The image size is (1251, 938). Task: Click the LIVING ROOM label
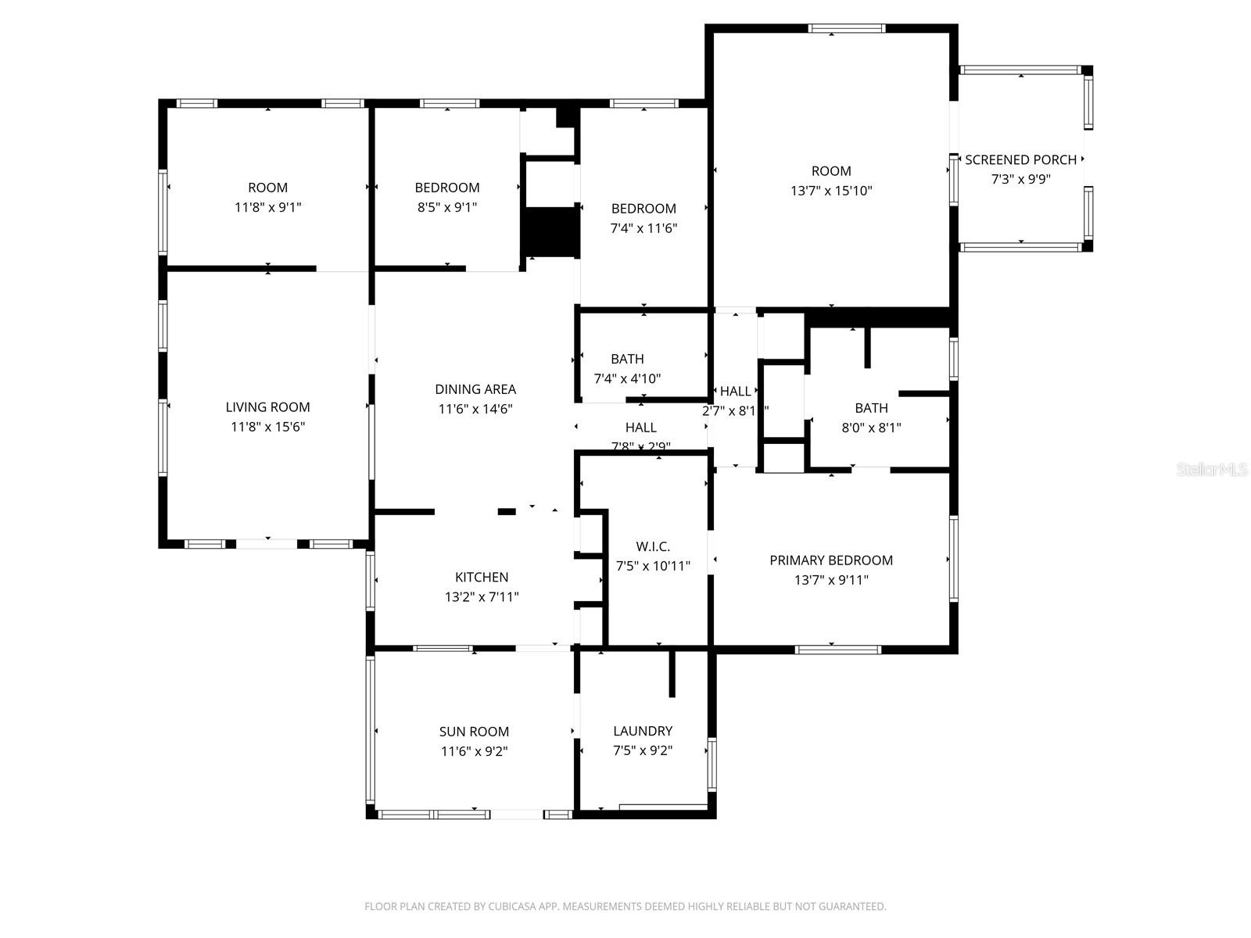[x=267, y=406]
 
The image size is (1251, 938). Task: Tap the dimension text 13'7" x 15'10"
[x=831, y=191]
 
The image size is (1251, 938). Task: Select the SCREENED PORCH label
[x=1020, y=159]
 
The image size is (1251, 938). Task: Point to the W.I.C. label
[x=653, y=546]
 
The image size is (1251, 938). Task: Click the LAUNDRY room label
[x=643, y=731]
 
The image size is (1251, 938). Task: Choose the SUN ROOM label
[x=474, y=732]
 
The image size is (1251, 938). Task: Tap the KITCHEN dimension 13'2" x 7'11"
[x=482, y=597]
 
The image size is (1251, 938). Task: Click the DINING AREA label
[x=475, y=389]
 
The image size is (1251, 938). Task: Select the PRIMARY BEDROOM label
[x=831, y=560]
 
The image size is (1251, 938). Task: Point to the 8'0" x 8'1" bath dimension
[x=871, y=428]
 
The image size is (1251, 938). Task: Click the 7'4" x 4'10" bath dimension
[x=627, y=379]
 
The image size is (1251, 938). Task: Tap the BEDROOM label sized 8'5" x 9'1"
[x=447, y=188]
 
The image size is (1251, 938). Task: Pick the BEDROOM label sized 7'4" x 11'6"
[x=643, y=209]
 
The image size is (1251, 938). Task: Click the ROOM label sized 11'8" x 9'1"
[x=267, y=188]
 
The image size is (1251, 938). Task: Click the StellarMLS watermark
[x=1212, y=470]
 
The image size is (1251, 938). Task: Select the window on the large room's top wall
[x=847, y=29]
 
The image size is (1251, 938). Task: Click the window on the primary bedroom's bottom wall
[x=838, y=649]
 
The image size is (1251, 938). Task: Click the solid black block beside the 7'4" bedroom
[x=550, y=232]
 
